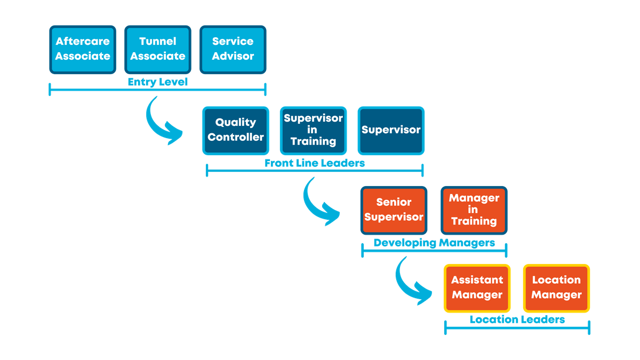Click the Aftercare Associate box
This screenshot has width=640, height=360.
coord(83,49)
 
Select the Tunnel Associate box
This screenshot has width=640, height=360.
coord(158,49)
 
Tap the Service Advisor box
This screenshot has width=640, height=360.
coord(233,49)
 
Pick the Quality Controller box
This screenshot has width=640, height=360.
coord(236,130)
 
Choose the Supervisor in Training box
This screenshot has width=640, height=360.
coord(313,130)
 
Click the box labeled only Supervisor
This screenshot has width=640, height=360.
coord(391,130)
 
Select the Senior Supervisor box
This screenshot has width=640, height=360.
coord(394,210)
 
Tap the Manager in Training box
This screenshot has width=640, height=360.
coord(474,210)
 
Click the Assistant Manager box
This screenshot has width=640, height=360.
coord(477,288)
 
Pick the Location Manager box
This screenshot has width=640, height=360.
coord(556,288)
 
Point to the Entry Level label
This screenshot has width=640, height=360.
coord(157,82)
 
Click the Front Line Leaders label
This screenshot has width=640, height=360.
coord(315,163)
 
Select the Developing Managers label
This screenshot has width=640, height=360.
coord(434,243)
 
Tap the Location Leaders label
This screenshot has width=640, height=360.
coord(517,320)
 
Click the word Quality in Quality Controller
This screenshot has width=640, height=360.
coord(236,123)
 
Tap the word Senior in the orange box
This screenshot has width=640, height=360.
coord(394,202)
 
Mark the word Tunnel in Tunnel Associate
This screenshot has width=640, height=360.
coord(158,42)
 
